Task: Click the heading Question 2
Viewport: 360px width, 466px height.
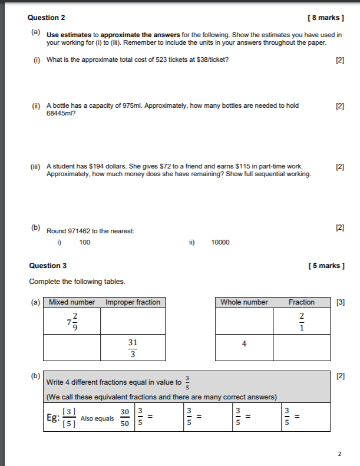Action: pyautogui.click(x=47, y=18)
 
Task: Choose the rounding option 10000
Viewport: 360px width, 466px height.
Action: pyautogui.click(x=220, y=242)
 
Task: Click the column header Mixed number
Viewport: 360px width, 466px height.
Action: pyautogui.click(x=72, y=302)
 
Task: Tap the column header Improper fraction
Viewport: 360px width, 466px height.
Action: pyautogui.click(x=133, y=302)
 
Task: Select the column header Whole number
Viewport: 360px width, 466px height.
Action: pyautogui.click(x=244, y=302)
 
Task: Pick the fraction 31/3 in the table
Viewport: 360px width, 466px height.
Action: pyautogui.click(x=133, y=348)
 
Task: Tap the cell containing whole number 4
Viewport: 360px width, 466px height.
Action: pyautogui.click(x=244, y=347)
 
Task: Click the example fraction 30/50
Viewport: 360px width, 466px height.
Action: pyautogui.click(x=125, y=418)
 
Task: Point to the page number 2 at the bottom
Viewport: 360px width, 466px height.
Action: pyautogui.click(x=339, y=454)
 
